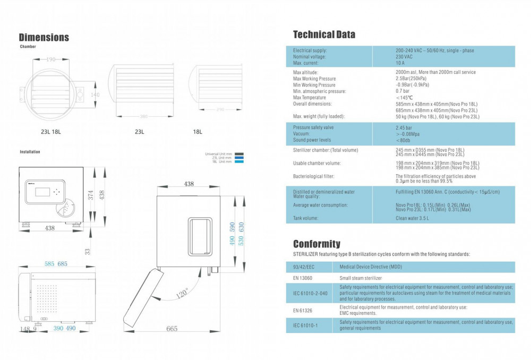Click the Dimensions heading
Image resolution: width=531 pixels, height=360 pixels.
44,37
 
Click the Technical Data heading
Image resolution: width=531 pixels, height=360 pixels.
324,35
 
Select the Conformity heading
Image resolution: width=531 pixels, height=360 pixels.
316,244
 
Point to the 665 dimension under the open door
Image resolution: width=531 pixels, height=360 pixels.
172,329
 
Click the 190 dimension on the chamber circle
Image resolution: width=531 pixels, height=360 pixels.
50,59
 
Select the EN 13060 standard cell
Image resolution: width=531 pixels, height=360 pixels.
303,278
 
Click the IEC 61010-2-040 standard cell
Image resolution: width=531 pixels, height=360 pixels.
310,293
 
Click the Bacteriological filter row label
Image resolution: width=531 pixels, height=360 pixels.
313,176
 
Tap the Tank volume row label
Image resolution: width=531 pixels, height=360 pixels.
306,218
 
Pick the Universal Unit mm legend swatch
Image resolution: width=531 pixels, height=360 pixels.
239,154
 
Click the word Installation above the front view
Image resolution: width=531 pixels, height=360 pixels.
30,152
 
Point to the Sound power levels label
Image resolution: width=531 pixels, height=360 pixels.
312,140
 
